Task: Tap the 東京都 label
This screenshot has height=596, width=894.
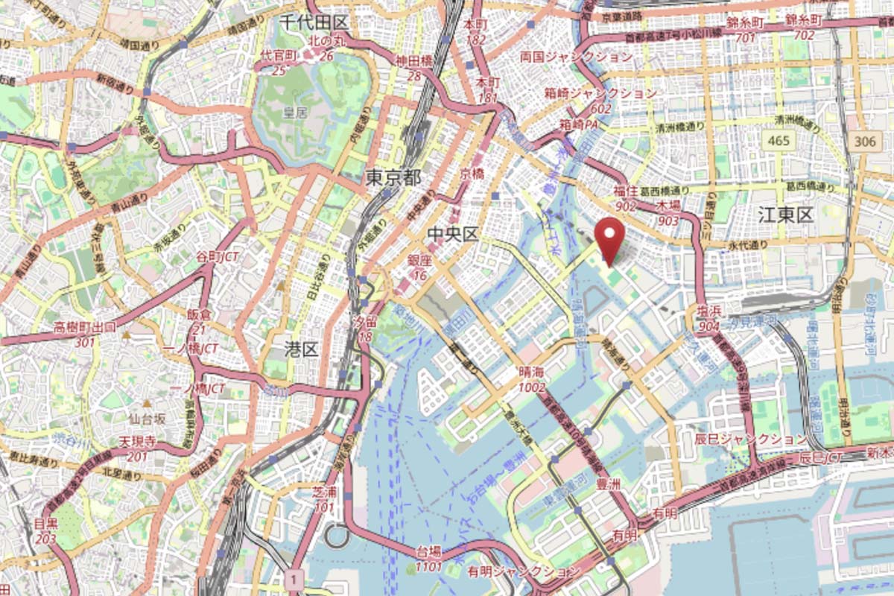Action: click(393, 177)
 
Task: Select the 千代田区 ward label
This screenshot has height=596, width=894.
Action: click(314, 22)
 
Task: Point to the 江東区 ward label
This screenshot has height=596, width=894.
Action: click(785, 216)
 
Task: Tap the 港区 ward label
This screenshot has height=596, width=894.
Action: click(302, 349)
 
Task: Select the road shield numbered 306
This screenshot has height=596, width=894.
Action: click(865, 141)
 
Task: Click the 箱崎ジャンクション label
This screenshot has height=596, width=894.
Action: click(600, 93)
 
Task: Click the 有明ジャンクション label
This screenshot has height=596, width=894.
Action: click(523, 571)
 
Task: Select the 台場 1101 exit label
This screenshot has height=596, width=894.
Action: click(428, 559)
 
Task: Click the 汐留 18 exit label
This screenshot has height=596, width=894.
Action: click(364, 329)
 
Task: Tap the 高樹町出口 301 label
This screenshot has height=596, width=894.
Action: click(85, 335)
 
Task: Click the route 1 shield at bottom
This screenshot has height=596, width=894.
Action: click(296, 579)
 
